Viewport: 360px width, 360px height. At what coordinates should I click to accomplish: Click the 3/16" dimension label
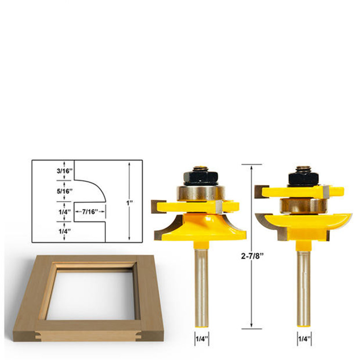(x=64, y=171)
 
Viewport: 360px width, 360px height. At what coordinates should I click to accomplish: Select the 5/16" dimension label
(x=64, y=191)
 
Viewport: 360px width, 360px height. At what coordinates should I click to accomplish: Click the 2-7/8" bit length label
(x=252, y=256)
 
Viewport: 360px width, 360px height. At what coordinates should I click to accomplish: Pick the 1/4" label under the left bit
(x=202, y=339)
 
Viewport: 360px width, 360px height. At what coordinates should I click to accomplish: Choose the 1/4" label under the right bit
(x=305, y=339)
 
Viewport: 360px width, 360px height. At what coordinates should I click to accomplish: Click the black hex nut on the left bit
(x=201, y=178)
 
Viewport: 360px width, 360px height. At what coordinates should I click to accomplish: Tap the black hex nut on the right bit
(x=303, y=177)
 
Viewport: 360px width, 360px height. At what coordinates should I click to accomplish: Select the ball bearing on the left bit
(x=201, y=193)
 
